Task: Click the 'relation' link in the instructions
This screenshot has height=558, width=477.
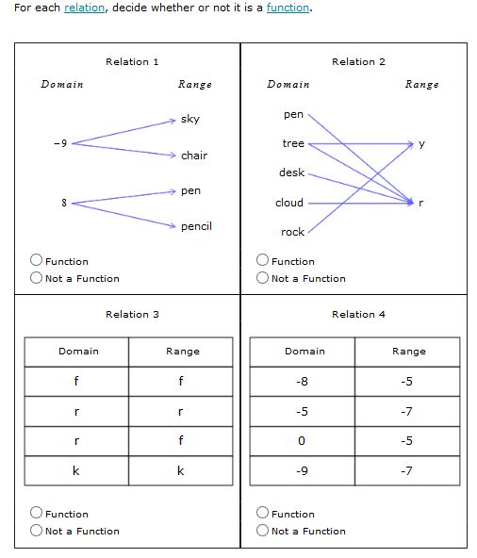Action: pos(85,8)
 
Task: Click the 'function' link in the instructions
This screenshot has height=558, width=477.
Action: pos(288,8)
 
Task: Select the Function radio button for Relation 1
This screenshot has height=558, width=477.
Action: pos(36,261)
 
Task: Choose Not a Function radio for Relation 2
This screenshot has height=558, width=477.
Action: pos(262,278)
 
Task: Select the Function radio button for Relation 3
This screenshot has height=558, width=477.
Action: pos(36,514)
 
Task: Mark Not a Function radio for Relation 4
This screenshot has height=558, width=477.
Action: pos(262,531)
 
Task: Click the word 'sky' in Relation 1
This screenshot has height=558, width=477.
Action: pos(190,120)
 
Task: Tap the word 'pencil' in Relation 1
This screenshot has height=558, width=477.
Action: pos(196,226)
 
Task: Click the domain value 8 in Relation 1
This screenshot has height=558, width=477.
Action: pos(64,202)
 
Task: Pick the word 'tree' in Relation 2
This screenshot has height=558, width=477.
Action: pos(293,143)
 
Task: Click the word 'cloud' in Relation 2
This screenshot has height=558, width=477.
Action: pos(289,203)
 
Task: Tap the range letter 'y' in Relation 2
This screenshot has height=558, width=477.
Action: pos(422,143)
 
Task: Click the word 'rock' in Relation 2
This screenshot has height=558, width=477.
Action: pos(293,232)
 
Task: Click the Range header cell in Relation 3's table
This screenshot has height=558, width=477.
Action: pos(183,352)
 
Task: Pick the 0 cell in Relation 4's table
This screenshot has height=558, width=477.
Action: pos(302,441)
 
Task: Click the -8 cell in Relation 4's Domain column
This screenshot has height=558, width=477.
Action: pos(302,382)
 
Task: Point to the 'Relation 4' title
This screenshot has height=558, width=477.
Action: pos(358,314)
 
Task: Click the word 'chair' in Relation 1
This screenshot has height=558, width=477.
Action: pos(194,156)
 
